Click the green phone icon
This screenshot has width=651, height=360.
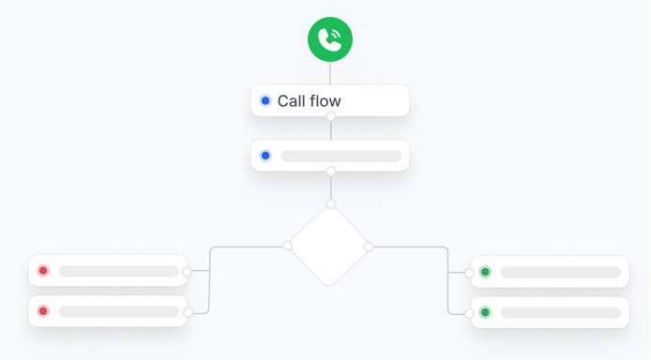(x=330, y=38)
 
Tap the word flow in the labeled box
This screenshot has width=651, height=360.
(x=325, y=100)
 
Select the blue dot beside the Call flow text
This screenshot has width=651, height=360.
(x=265, y=100)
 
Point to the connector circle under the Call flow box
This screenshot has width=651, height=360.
(x=330, y=116)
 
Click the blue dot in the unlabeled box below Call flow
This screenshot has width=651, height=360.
(x=265, y=156)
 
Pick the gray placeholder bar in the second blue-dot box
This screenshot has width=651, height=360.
(x=341, y=156)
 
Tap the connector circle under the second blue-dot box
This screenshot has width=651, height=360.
(x=330, y=172)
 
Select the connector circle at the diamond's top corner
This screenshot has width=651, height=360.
(x=330, y=203)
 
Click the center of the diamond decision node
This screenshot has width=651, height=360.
(x=328, y=246)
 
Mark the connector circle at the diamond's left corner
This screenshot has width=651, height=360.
(x=288, y=246)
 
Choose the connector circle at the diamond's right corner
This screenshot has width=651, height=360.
(x=369, y=247)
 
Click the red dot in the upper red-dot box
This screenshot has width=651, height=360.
(x=42, y=271)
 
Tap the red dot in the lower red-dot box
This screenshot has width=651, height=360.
(x=42, y=311)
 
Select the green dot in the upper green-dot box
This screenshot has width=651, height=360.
(x=485, y=272)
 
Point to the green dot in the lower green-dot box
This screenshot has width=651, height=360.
(x=485, y=312)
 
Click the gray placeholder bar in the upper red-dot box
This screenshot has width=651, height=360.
(x=118, y=271)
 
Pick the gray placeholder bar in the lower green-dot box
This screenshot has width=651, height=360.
(x=560, y=312)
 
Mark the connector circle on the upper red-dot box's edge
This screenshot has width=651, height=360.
(x=187, y=271)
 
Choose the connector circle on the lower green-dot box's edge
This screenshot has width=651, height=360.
(x=470, y=312)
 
